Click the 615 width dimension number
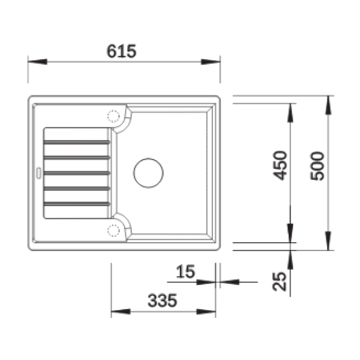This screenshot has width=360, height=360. click(121, 51)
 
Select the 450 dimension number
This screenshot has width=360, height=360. click(280, 166)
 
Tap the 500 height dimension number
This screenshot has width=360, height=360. click(317, 166)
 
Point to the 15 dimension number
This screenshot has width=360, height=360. click(186, 272)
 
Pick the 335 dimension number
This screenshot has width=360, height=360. click(163, 300)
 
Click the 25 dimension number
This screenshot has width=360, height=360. click(279, 281)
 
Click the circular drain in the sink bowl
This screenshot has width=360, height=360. click(148, 173)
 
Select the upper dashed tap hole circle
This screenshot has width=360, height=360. click(114, 116)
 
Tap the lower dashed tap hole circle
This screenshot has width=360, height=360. click(114, 230)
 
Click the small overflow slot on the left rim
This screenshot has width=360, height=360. click(39, 173)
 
